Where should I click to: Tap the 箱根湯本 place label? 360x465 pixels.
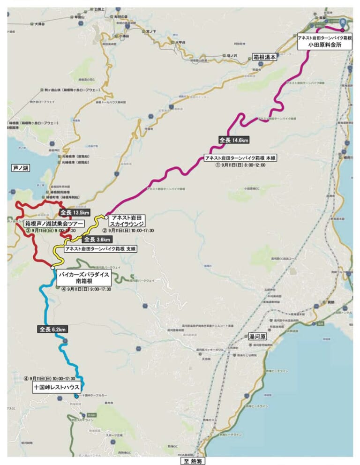click(x=265, y=57)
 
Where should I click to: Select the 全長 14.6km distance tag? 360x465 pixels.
click(x=233, y=140)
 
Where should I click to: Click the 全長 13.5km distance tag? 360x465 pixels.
click(x=75, y=212)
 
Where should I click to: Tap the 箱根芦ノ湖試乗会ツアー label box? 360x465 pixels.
click(x=54, y=224)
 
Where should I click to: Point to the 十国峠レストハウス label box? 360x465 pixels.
click(x=57, y=388)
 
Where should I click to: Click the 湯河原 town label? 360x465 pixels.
click(x=257, y=337)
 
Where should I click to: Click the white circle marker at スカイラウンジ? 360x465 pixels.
click(x=106, y=217)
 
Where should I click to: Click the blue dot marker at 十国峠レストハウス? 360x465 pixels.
click(x=76, y=396)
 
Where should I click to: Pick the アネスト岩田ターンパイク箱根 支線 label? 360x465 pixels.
click(x=101, y=249)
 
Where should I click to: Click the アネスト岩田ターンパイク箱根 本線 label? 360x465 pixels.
click(x=240, y=158)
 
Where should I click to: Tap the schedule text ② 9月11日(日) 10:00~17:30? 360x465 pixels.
click(x=128, y=231)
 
